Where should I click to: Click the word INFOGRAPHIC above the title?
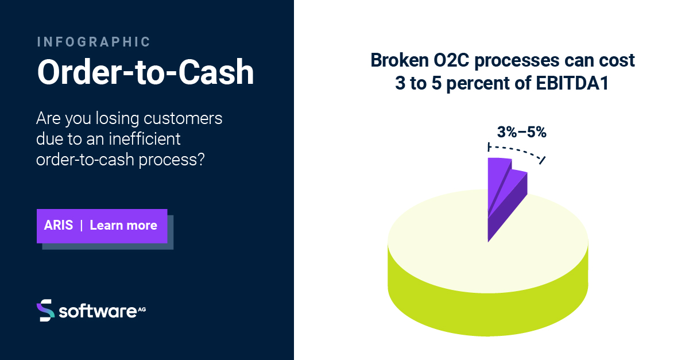(x=94, y=42)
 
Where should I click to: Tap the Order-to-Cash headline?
(x=145, y=72)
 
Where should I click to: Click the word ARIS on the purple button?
(x=59, y=225)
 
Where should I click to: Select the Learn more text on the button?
(x=123, y=225)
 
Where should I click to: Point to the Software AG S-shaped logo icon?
(x=45, y=310)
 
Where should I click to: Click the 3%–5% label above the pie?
(x=521, y=132)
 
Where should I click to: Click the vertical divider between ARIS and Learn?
(x=82, y=225)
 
